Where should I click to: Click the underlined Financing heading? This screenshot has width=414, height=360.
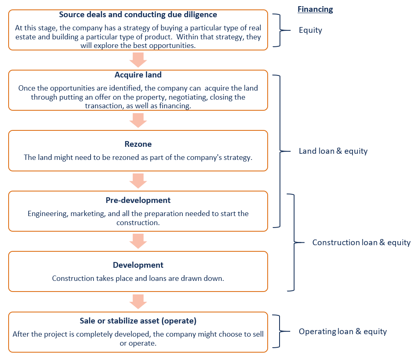[x=315, y=9]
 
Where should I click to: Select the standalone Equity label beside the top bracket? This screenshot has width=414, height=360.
[x=310, y=30]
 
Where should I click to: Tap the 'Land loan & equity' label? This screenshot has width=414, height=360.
[x=333, y=151]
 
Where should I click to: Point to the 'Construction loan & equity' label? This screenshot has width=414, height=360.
[x=361, y=242]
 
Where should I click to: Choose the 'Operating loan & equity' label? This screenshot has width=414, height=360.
[x=343, y=332]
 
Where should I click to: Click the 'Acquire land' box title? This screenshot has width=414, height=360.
[x=138, y=75]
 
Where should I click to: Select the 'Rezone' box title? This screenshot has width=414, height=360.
[x=138, y=144]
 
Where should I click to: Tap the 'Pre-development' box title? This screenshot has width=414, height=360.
[x=138, y=201]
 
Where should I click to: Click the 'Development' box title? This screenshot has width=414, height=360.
[x=138, y=265]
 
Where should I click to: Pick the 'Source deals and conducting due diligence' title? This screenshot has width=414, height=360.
[x=138, y=15]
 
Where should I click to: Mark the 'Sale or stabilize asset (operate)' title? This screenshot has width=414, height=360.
[x=138, y=321]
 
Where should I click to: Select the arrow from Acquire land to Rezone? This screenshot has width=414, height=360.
[x=138, y=120]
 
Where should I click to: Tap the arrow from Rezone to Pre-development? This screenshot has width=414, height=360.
[x=138, y=180]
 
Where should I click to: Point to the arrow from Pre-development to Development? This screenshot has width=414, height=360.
[x=138, y=241]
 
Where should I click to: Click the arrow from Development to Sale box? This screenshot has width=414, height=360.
[x=138, y=301]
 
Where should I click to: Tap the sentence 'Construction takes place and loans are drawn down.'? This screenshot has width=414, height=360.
[x=138, y=278]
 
